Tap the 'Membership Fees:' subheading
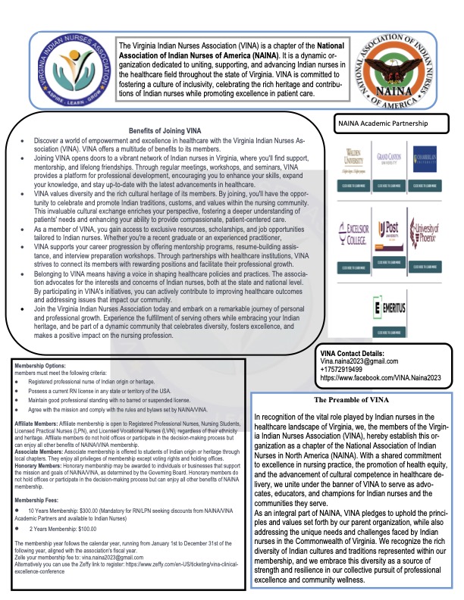click(x=40, y=479)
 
